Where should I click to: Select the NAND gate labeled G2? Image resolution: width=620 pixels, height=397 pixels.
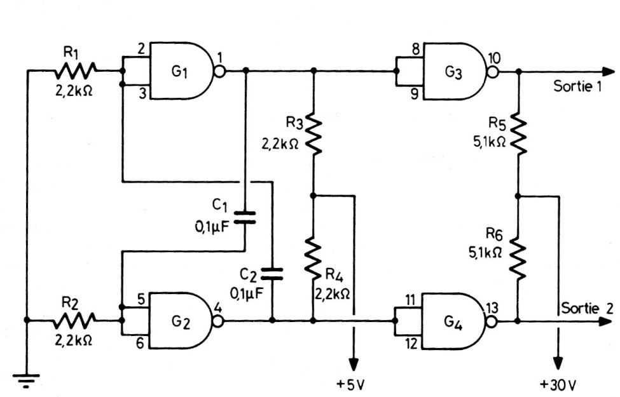[181, 321]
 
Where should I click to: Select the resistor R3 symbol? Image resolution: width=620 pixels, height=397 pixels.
[313, 135]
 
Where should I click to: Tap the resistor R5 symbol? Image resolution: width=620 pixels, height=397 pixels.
[519, 135]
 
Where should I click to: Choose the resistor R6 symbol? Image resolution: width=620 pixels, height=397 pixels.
[519, 259]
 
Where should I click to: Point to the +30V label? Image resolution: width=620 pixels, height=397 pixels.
[558, 384]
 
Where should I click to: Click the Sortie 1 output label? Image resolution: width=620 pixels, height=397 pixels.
[577, 86]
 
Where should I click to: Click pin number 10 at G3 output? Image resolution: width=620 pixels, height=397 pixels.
[493, 58]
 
